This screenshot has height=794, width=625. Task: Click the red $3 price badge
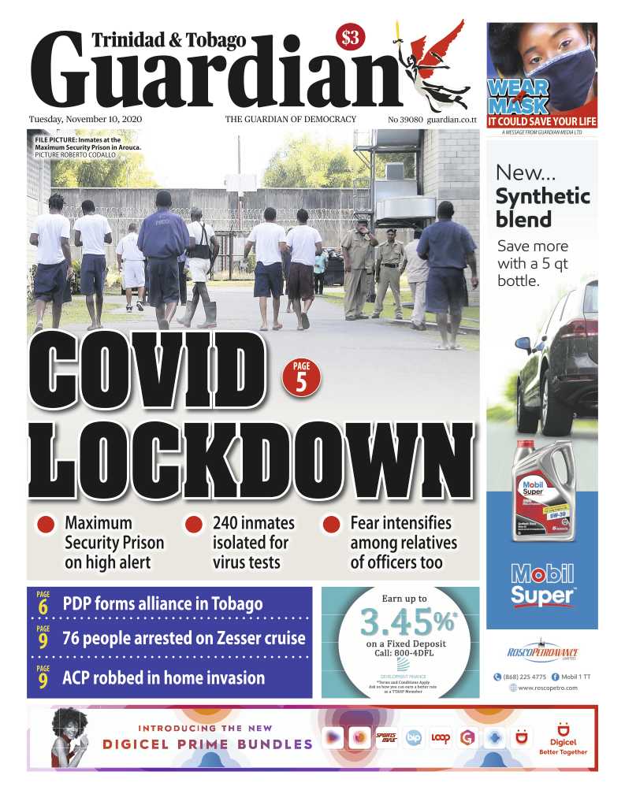point(349,37)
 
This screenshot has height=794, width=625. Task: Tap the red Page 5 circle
point(301,375)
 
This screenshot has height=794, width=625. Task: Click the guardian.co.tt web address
point(452,120)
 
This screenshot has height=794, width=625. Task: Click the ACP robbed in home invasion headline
point(163,677)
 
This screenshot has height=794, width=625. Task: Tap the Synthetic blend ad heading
point(542,207)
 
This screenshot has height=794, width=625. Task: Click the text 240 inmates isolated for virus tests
point(254,542)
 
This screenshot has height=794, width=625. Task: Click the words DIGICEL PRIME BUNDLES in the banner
point(207,744)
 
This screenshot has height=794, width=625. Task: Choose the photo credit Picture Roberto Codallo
point(75,155)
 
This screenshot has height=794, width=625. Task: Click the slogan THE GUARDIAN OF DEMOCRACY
point(291,120)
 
